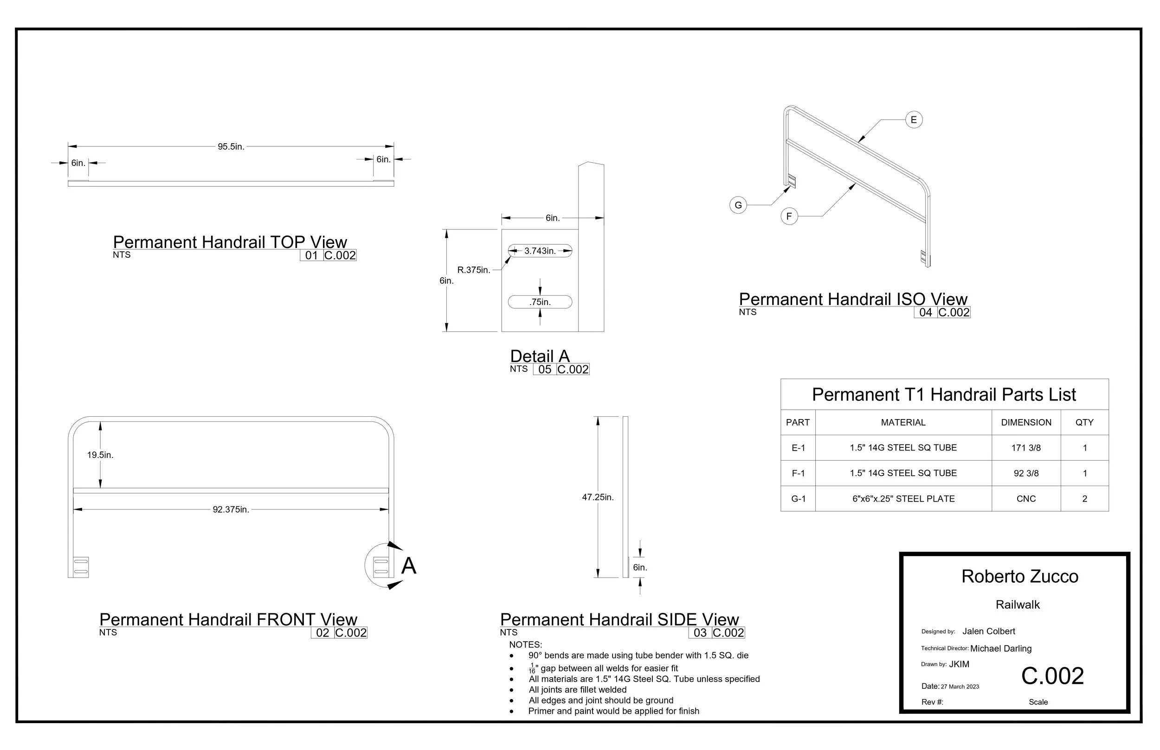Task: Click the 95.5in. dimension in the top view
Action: tap(231, 146)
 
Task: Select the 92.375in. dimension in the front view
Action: tap(231, 509)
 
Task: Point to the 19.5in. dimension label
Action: tap(100, 455)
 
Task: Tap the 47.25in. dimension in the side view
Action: tap(598, 497)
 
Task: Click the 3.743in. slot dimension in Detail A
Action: tap(540, 251)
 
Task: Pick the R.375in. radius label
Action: tap(474, 270)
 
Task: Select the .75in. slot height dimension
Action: tap(540, 302)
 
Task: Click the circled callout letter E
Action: tap(914, 120)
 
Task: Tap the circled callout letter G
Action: tap(738, 205)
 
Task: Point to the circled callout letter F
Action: tap(789, 216)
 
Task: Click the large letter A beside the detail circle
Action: tap(408, 566)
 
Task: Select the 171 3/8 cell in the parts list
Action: tap(1026, 448)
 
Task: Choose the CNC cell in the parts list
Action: tap(1026, 499)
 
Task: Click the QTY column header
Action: tap(1084, 422)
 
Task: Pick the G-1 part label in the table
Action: tap(799, 499)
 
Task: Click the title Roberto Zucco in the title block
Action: tap(1019, 577)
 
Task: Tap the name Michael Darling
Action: tap(1001, 648)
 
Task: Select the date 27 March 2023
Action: tap(960, 686)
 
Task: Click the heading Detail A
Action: tap(540, 356)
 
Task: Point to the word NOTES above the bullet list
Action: tap(525, 645)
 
